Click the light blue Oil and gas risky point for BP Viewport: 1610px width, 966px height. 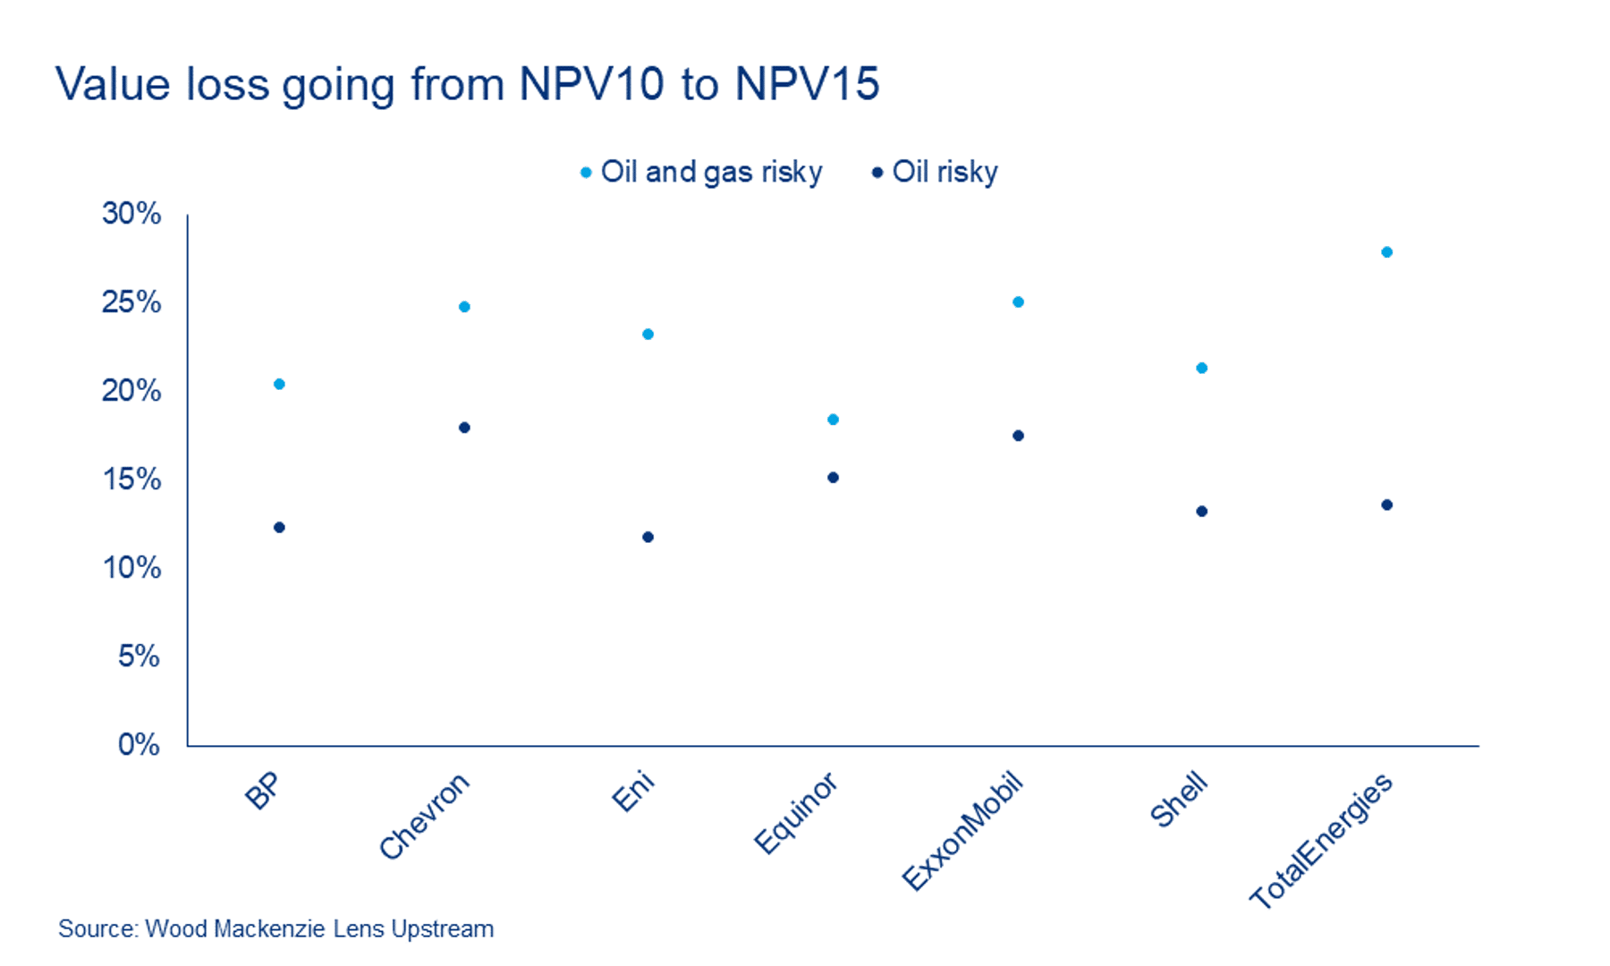pyautogui.click(x=279, y=385)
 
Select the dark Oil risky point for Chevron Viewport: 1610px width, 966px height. pyautogui.click(x=464, y=428)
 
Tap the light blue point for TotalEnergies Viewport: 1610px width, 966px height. pyautogui.click(x=1387, y=252)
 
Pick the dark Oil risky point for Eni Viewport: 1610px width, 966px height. pyautogui.click(x=648, y=538)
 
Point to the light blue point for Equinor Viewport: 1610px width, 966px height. pyautogui.click(x=833, y=419)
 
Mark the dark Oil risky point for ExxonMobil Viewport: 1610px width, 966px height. pyautogui.click(x=1018, y=436)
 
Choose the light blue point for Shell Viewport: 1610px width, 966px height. pyautogui.click(x=1202, y=368)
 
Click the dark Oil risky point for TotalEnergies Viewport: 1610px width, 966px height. pyautogui.click(x=1387, y=505)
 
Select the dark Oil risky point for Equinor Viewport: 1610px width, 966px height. pyautogui.click(x=833, y=478)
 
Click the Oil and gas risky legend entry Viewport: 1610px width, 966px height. pyautogui.click(x=702, y=172)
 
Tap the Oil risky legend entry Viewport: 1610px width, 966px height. pyautogui.click(x=936, y=172)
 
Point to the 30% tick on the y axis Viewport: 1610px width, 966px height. pyautogui.click(x=131, y=214)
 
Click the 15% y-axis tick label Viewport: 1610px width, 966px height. pyautogui.click(x=131, y=479)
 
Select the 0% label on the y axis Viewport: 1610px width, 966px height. pyautogui.click(x=139, y=745)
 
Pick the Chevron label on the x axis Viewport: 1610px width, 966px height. pyautogui.click(x=424, y=816)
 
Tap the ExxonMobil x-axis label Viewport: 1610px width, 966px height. pyautogui.click(x=962, y=831)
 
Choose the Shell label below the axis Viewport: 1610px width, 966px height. pyautogui.click(x=1179, y=801)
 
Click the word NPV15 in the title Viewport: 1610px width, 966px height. pyautogui.click(x=807, y=84)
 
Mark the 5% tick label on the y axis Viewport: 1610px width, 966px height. pyautogui.click(x=139, y=657)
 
